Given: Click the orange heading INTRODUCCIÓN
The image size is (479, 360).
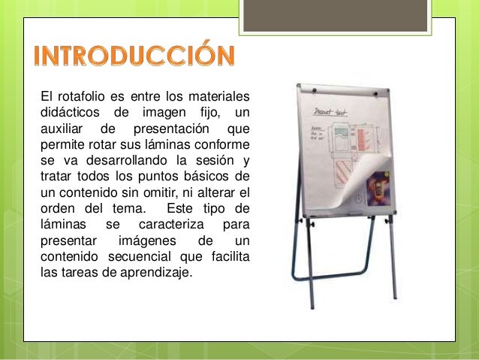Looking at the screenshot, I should click(135, 56).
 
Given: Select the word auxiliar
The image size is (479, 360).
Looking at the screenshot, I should click(62, 128).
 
